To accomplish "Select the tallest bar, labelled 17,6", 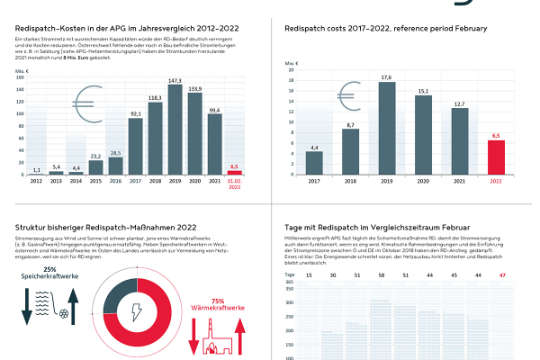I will coord(386,130).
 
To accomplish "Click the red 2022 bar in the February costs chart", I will coord(495,158).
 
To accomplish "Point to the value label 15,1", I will coord(423,91).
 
